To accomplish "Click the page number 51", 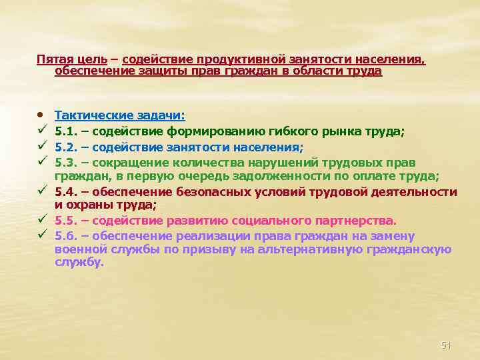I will [x=446, y=345].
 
